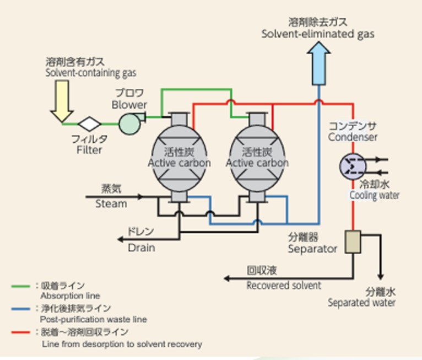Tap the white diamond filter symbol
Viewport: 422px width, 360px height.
[x=89, y=124]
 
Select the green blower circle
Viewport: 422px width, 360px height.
[x=129, y=124]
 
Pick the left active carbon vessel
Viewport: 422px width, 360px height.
[x=179, y=158]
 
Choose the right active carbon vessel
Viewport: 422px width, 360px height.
[x=257, y=158]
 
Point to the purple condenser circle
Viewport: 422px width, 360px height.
[x=353, y=166]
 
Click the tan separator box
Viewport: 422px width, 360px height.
[x=353, y=242]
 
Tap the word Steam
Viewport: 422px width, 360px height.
[x=111, y=204]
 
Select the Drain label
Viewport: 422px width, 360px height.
[x=141, y=248]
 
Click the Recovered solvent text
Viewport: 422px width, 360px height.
[x=284, y=286]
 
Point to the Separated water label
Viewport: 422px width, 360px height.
[x=361, y=303]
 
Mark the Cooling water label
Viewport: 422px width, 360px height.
[x=375, y=195]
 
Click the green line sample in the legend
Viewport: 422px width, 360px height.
[x=20, y=286]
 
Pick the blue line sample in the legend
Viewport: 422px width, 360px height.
[x=20, y=309]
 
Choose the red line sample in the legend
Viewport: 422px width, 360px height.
[x=20, y=332]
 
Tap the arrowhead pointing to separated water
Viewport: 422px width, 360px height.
[x=380, y=277]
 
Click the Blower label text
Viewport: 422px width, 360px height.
[x=129, y=105]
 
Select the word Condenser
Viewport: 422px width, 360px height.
[x=353, y=137]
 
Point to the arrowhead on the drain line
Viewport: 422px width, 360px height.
[x=121, y=239]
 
